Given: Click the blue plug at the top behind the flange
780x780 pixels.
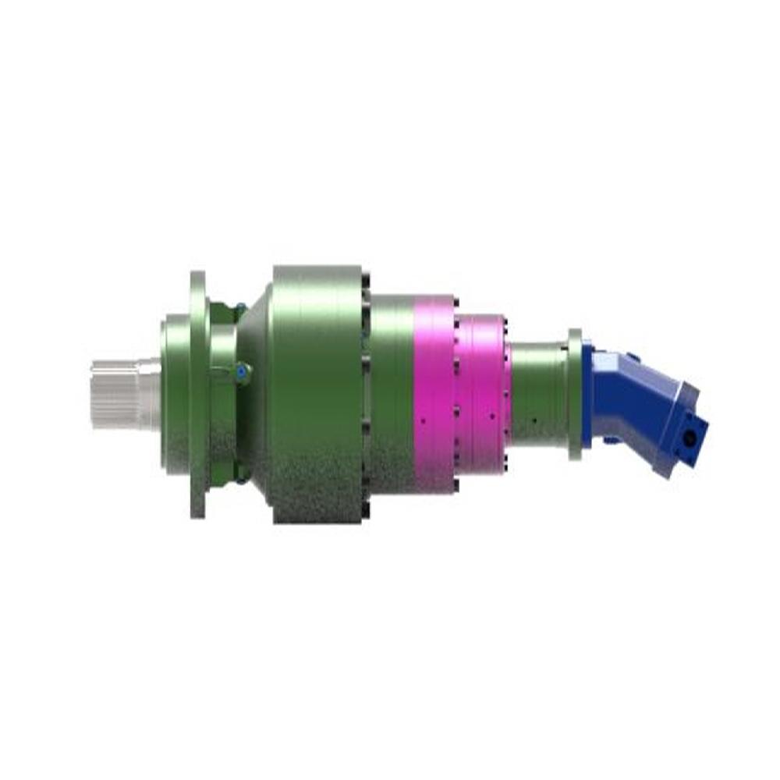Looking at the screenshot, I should (x=241, y=305).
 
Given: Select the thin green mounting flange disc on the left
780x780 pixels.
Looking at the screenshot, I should (x=198, y=394).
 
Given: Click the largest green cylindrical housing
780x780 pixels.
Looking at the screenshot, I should (x=316, y=394).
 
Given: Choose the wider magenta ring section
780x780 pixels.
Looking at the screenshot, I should (x=434, y=394).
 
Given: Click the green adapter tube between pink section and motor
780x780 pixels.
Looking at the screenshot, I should (x=538, y=394).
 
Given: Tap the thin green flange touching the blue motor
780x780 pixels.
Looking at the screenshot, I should (x=575, y=394).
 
